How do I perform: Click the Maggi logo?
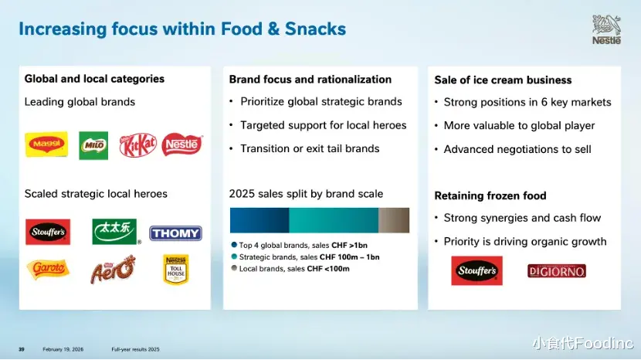click(46, 144)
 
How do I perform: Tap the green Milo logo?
click(93, 145)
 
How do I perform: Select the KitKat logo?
click(137, 144)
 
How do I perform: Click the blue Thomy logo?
click(175, 233)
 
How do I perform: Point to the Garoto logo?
click(48, 269)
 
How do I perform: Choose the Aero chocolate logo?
click(113, 270)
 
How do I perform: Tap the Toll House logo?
click(176, 270)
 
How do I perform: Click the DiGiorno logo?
click(556, 271)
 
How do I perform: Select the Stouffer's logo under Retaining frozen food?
click(477, 270)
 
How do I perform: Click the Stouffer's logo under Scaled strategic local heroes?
click(48, 232)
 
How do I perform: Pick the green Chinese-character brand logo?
click(115, 232)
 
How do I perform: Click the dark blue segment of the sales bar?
click(259, 220)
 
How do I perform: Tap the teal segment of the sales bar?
click(334, 220)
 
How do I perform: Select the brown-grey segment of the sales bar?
click(394, 220)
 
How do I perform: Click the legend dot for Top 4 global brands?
click(234, 245)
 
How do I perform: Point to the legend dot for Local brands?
click(234, 268)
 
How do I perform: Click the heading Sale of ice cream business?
click(503, 80)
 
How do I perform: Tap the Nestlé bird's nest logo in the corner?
click(607, 29)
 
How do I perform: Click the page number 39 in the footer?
click(22, 349)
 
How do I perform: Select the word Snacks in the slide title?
click(315, 29)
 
